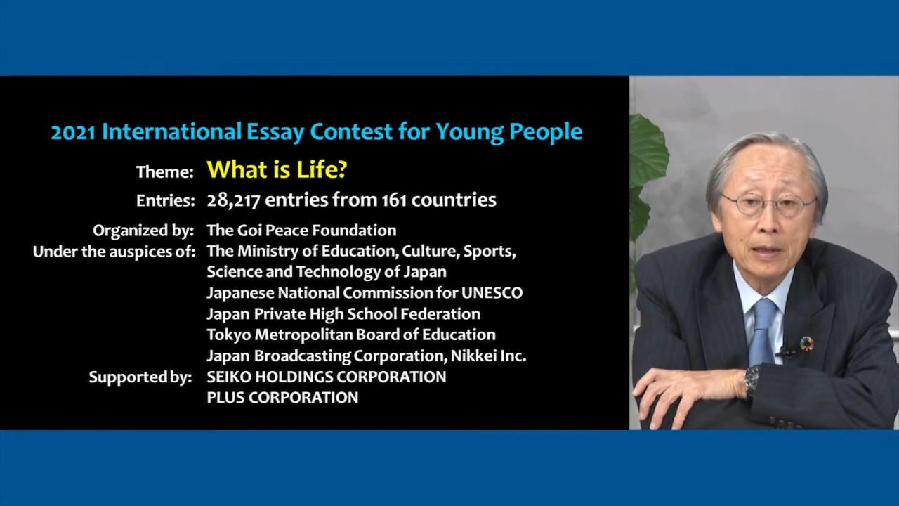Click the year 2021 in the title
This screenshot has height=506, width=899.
pos(74,132)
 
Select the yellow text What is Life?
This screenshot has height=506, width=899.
pos(277,169)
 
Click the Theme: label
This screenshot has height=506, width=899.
pos(165,172)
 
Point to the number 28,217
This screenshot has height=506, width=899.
pos(233,200)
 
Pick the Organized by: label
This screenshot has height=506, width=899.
pos(143,231)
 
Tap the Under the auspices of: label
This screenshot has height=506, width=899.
pos(114,252)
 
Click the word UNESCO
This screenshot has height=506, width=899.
pos(492,293)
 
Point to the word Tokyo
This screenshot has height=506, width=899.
pos(229,335)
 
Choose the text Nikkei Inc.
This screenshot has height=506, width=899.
pos(488,356)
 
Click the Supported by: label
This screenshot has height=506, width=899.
pos(140,377)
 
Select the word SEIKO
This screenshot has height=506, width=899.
pos(229,377)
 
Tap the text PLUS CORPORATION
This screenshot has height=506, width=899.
pos(282,398)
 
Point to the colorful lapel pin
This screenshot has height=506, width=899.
pos(807,344)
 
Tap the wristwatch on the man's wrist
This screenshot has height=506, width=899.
pos(752,379)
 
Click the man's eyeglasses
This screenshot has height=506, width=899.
pos(768,205)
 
